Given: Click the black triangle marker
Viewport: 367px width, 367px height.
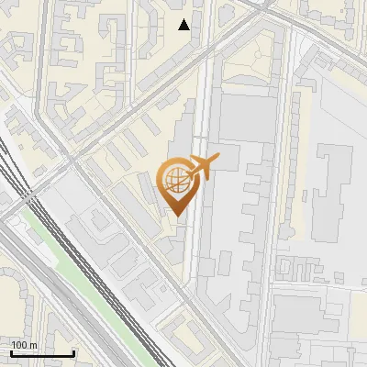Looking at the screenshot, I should (184, 25).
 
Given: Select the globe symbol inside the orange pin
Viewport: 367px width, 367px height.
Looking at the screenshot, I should (175, 181).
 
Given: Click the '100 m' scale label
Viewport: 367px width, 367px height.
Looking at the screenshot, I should (24, 345).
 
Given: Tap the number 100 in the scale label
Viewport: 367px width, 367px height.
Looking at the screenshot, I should (19, 345).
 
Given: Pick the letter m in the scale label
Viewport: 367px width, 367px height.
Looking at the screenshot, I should (33, 345).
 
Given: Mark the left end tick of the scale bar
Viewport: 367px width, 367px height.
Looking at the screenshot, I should (11, 352).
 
